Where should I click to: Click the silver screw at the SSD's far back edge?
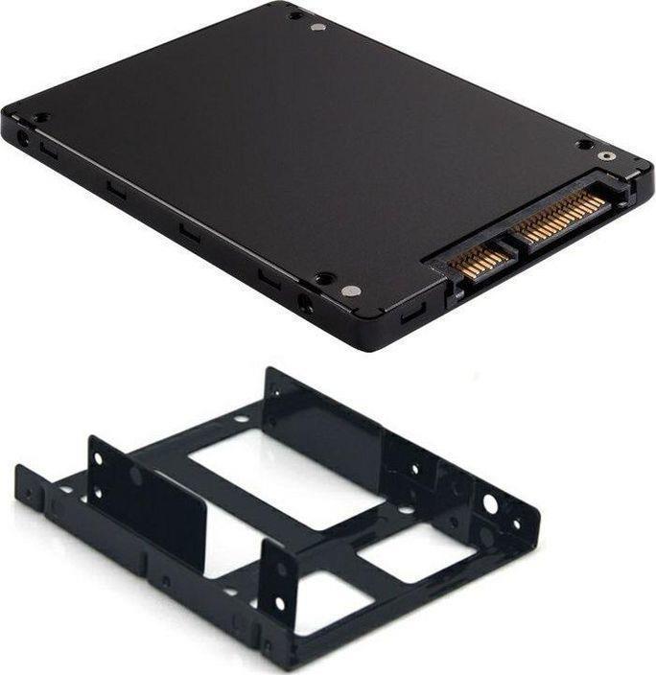(x=318, y=26)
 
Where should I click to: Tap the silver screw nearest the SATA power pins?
(x=604, y=155)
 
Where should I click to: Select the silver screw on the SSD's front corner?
(x=351, y=291)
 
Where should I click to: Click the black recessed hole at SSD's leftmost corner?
(x=40, y=118)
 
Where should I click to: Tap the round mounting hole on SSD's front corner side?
(x=306, y=306)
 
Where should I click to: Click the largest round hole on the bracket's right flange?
(x=490, y=503)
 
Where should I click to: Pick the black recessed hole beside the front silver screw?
(x=325, y=278)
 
